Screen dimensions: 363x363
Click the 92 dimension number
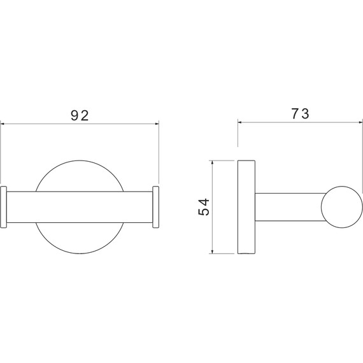[x=80, y=115]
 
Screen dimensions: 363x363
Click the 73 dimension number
[x=300, y=114]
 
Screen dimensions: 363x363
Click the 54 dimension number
[x=204, y=207]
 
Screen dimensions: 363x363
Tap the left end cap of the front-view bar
[x=3, y=207]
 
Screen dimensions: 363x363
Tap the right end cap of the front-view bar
[x=155, y=207]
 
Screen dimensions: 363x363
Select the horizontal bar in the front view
[x=80, y=207]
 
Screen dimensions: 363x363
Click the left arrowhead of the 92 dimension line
[x=3, y=124]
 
